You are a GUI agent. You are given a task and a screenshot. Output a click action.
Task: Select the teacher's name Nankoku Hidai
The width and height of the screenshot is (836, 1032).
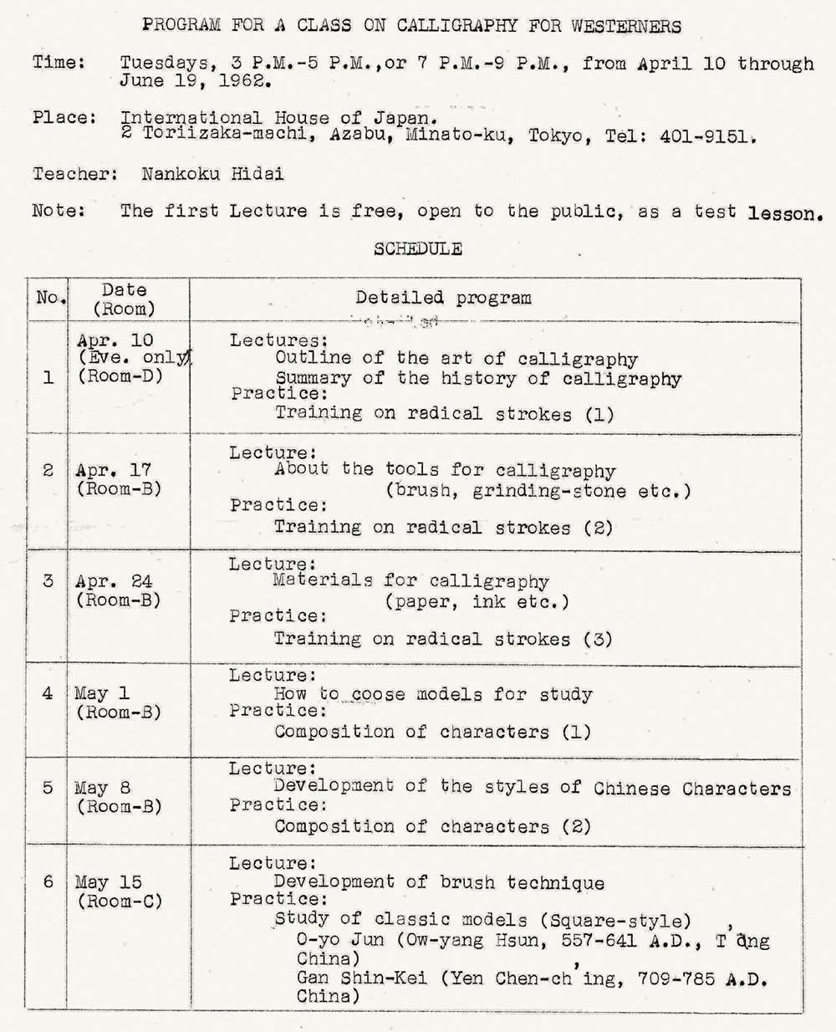tap(212, 174)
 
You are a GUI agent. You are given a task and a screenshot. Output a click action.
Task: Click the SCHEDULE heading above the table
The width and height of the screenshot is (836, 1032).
tap(418, 248)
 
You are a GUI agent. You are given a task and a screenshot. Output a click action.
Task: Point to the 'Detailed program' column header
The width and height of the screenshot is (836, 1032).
tap(443, 298)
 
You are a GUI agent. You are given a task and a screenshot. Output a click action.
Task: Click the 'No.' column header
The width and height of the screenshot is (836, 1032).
tap(48, 298)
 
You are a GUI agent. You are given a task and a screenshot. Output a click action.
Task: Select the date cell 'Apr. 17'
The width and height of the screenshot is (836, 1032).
tap(114, 471)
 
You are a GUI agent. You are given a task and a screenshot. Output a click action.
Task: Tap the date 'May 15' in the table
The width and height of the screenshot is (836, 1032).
tap(109, 882)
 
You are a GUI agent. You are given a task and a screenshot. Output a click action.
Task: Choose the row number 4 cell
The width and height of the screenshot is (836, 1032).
tap(48, 693)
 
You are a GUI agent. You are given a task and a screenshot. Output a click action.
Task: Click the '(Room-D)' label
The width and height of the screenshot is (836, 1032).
tap(120, 376)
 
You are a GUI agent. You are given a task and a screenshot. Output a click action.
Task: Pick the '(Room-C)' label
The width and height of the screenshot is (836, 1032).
tap(119, 902)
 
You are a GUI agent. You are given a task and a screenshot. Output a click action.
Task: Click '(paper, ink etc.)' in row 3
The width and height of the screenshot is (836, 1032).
tap(477, 601)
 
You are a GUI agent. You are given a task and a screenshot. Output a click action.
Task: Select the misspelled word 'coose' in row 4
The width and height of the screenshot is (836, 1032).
tap(378, 694)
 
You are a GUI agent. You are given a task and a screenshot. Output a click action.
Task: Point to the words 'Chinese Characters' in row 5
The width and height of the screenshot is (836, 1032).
tap(692, 789)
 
